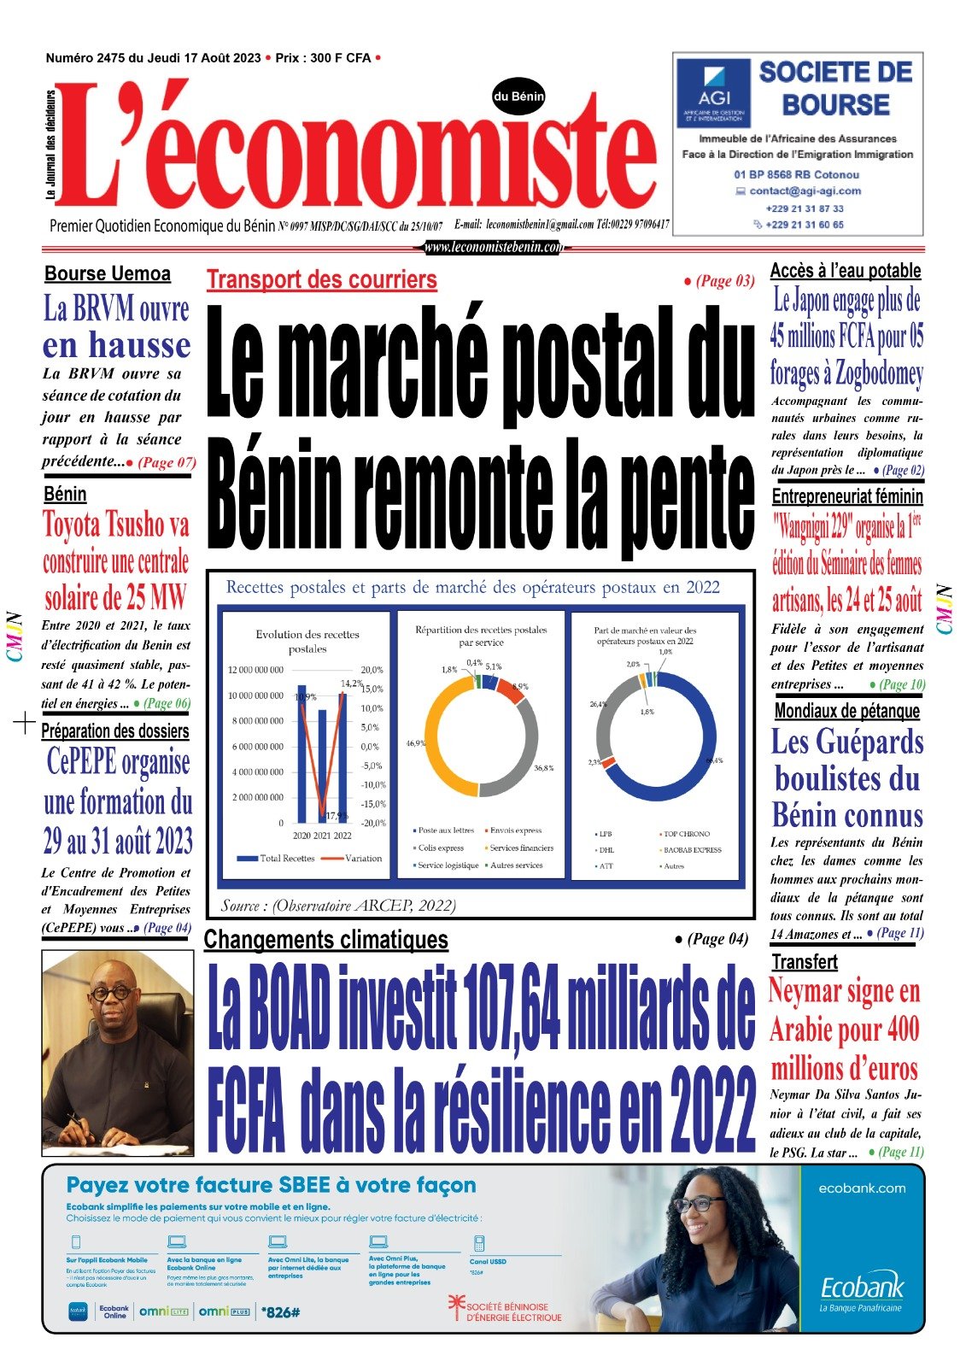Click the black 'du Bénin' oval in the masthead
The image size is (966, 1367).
coord(518,97)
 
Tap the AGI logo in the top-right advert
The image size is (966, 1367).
coord(713,93)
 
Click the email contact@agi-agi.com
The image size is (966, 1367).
coord(805,191)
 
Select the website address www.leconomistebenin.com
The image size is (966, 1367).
coord(494,247)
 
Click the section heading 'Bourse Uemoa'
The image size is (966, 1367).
coord(108,274)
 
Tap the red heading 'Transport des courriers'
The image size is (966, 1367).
coord(321,279)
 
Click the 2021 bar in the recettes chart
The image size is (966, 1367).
coord(322,766)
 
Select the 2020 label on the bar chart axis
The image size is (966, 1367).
coord(302,836)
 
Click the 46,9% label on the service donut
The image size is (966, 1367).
coord(416,743)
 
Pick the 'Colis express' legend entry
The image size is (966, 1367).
coord(440,848)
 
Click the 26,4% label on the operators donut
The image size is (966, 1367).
coord(598,705)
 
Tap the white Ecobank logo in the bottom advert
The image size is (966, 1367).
coord(861,1288)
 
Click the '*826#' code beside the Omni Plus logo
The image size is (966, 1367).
coord(281,1311)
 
